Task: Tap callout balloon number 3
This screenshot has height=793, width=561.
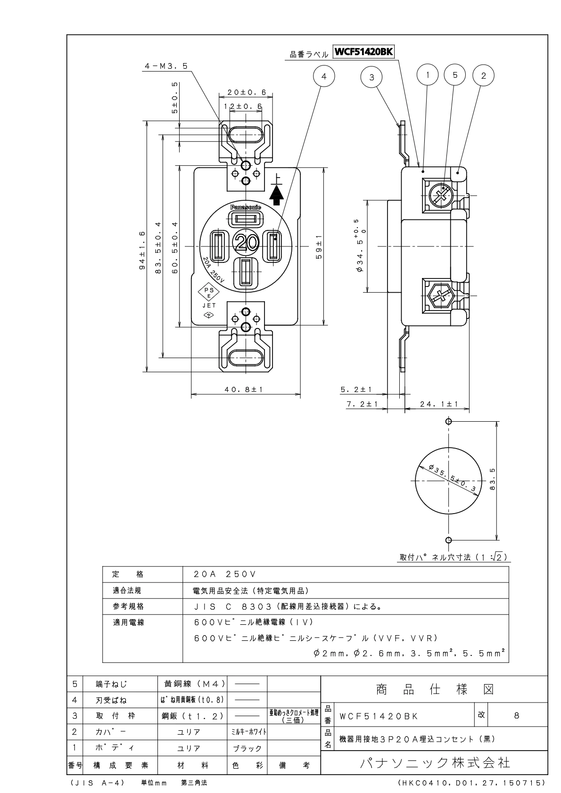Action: point(371,77)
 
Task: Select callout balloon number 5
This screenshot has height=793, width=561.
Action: point(455,75)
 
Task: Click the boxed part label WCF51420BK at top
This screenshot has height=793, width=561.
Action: point(364,51)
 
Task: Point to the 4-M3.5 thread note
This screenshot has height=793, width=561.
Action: point(166,66)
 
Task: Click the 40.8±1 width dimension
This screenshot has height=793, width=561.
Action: point(244,390)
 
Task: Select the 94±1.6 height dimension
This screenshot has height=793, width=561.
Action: point(142,250)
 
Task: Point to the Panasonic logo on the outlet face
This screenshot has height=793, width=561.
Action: point(246,207)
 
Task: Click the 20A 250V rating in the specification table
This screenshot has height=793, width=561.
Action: point(224,574)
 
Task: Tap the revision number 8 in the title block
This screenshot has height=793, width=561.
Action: point(517,715)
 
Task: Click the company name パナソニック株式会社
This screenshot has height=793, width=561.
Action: point(434,763)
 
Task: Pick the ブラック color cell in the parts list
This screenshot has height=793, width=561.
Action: point(247,748)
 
